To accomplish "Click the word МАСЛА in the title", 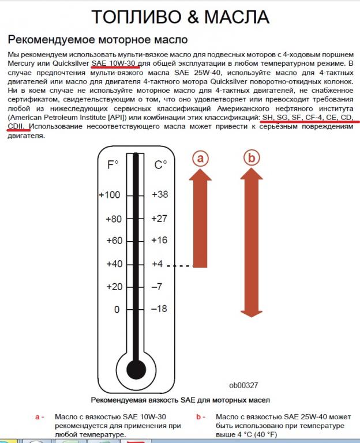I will [x=236, y=17].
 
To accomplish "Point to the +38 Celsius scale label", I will [x=160, y=195].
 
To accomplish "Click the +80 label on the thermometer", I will [x=114, y=219].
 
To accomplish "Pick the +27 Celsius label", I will [x=160, y=219].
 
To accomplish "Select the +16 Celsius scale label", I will [x=160, y=241].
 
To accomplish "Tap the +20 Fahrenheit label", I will [x=114, y=287].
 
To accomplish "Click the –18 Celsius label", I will [x=160, y=309].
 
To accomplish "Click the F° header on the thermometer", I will [x=113, y=165].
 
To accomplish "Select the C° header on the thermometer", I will [x=160, y=165].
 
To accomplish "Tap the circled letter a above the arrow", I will [x=200, y=157].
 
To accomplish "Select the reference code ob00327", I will [x=243, y=385].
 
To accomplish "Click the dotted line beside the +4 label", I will [x=183, y=266].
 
